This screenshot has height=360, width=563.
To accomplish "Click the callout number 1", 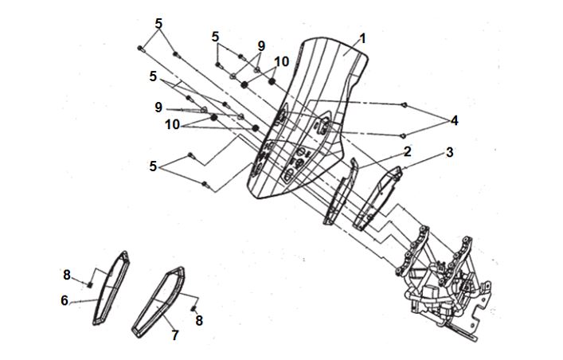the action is (x=362, y=39).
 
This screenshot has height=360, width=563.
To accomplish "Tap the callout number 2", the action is (x=407, y=151).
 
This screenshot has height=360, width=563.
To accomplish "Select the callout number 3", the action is (x=450, y=152).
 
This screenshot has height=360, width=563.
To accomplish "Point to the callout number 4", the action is (x=454, y=121).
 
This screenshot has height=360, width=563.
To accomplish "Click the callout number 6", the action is (x=65, y=300).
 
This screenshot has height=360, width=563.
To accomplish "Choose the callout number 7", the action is (x=175, y=335).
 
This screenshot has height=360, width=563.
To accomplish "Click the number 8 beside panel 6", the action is (x=67, y=275).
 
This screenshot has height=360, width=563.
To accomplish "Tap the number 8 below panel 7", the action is (x=199, y=320).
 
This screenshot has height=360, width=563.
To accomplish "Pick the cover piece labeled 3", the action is (x=377, y=198).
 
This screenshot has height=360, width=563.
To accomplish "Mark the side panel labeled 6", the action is (x=111, y=288).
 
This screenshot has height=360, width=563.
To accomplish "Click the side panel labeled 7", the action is (x=158, y=302).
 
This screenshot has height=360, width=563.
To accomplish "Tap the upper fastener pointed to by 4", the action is (x=404, y=105).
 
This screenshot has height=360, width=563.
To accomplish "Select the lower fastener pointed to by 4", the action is (x=403, y=135).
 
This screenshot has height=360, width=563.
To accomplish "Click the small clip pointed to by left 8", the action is (x=90, y=284).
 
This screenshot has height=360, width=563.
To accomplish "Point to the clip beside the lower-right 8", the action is (x=194, y=308).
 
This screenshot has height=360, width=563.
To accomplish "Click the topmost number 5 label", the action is (x=158, y=24).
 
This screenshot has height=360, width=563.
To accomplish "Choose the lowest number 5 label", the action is (x=154, y=166).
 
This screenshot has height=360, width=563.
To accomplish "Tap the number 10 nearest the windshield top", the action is (x=282, y=62).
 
